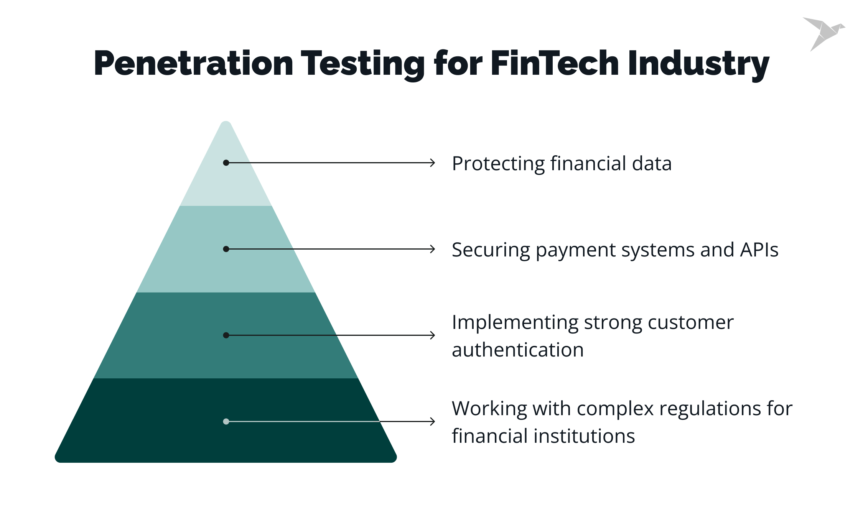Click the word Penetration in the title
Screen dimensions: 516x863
point(193,63)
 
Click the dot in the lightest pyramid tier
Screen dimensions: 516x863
point(226,163)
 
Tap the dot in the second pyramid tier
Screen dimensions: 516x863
point(226,249)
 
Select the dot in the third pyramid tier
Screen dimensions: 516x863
point(226,335)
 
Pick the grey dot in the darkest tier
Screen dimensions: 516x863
point(226,422)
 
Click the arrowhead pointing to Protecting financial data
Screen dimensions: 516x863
point(433,163)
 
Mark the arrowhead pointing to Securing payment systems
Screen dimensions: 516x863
point(433,249)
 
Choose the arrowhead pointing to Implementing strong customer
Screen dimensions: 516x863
point(433,335)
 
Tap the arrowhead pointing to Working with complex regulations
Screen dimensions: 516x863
point(433,422)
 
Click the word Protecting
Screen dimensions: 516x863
point(498,164)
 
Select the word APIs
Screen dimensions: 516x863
point(759,250)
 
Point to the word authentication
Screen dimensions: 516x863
point(517,350)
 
